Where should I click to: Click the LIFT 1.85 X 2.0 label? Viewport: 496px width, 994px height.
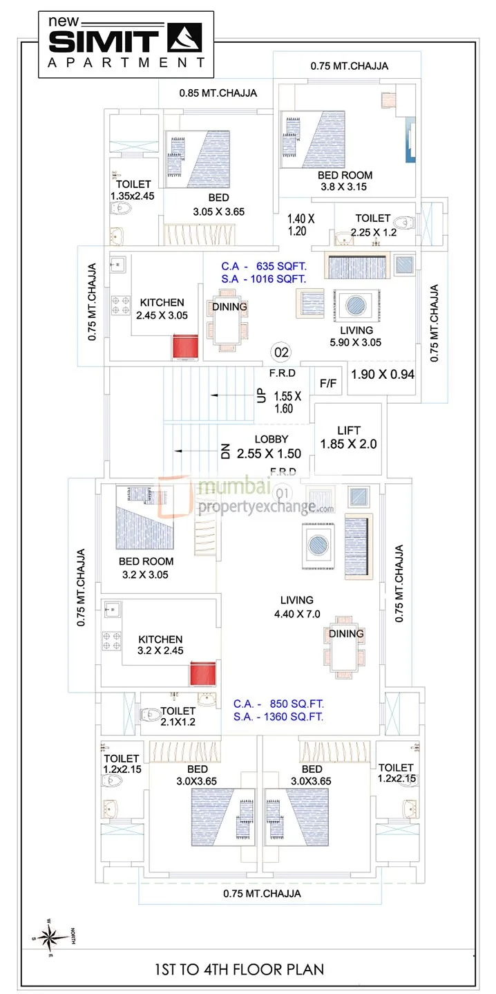click(x=348, y=438)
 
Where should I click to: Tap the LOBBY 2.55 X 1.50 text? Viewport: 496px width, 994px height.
click(x=268, y=447)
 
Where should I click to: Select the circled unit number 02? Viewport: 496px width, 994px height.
click(x=282, y=353)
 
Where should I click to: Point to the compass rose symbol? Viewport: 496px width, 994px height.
click(x=50, y=938)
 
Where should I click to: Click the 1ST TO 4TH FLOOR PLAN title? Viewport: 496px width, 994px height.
click(x=247, y=969)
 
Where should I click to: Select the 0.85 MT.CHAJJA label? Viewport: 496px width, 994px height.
click(x=218, y=93)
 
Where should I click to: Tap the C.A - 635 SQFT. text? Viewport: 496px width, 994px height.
click(x=263, y=265)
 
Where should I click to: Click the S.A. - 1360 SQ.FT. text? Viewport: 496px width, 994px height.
click(x=278, y=717)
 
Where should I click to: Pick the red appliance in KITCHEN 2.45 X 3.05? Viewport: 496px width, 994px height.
click(x=185, y=347)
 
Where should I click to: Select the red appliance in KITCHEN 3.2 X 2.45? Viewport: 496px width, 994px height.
click(x=204, y=674)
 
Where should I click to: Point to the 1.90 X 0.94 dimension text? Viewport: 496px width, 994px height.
click(x=383, y=375)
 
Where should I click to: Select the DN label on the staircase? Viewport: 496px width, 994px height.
click(x=225, y=452)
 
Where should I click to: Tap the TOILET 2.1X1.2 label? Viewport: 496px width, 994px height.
click(x=178, y=716)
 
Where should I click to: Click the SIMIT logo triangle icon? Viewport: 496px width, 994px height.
click(x=186, y=38)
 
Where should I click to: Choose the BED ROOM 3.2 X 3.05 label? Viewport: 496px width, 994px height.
click(x=146, y=568)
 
